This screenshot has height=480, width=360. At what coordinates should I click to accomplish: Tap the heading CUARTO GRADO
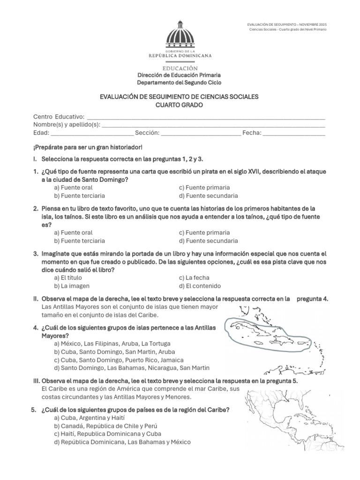point(180,105)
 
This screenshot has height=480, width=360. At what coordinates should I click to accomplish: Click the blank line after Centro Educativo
point(206,117)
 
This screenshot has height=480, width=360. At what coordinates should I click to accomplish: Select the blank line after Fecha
point(294,133)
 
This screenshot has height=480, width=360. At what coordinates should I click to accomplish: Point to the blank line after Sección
point(201,133)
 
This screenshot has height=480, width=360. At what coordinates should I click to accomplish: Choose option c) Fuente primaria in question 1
point(204,187)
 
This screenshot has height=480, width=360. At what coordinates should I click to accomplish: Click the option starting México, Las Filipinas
point(109,344)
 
